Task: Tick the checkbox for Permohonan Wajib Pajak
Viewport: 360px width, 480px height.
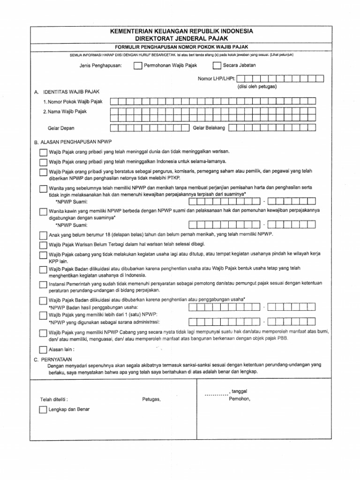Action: (137, 65)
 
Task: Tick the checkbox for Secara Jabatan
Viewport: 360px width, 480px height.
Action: (217, 65)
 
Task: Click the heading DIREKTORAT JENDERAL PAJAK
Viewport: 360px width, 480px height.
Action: (180, 38)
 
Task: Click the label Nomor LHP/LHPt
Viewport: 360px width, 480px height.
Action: (217, 79)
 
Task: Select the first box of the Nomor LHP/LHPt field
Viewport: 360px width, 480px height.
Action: (242, 79)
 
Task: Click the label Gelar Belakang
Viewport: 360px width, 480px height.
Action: (209, 127)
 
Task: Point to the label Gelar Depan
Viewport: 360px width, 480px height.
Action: (61, 127)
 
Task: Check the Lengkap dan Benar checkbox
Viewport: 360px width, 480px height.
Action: (43, 410)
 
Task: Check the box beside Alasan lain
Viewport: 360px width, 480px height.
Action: (43, 349)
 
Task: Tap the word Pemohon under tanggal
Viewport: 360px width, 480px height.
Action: (240, 399)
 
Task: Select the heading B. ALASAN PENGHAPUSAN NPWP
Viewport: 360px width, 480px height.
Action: (74, 141)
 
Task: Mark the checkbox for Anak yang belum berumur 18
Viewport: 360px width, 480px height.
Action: (43, 235)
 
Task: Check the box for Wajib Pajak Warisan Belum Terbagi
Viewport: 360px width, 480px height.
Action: (43, 245)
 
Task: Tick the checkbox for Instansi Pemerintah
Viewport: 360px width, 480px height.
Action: (43, 285)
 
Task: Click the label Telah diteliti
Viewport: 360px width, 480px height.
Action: (54, 399)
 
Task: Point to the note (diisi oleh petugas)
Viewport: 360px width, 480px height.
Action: (257, 87)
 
